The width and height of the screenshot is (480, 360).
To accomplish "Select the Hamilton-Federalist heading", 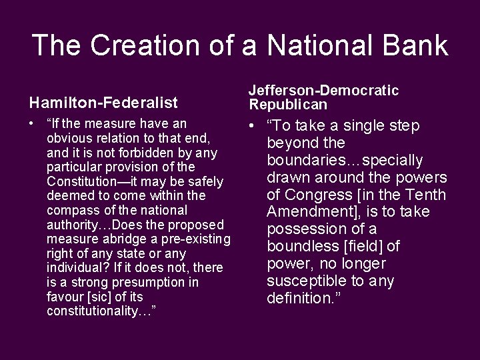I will (x=103, y=102).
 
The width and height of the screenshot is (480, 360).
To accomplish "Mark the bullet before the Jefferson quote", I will (x=253, y=126).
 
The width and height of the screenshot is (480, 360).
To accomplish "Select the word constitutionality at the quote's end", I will (x=98, y=311).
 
